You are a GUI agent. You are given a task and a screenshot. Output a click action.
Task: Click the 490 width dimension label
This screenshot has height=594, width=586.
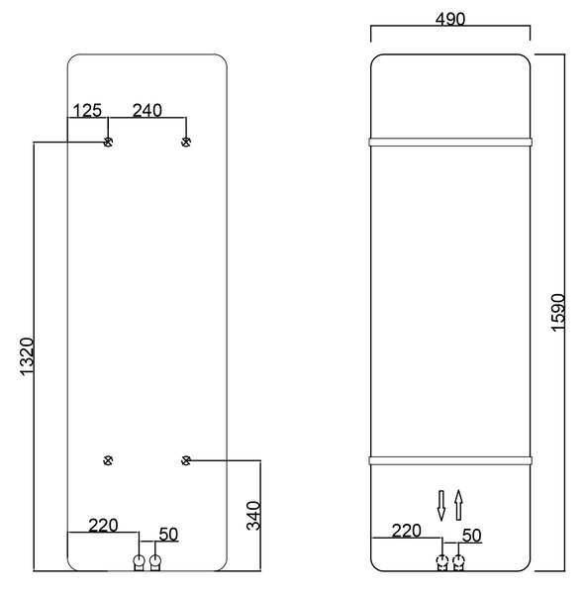[x=450, y=19]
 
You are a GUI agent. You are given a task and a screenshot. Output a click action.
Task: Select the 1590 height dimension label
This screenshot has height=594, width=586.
[x=558, y=313]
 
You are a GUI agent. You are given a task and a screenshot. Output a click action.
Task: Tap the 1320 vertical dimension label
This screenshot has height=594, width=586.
[x=27, y=356]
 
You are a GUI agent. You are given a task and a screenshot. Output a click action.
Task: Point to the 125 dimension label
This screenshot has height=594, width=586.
[x=87, y=111]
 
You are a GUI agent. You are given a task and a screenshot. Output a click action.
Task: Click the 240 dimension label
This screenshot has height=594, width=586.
[x=146, y=110]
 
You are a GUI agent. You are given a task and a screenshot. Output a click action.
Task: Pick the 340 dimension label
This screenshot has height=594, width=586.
[x=253, y=516]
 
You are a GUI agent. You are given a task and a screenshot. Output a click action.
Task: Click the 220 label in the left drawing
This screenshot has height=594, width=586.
[x=103, y=526]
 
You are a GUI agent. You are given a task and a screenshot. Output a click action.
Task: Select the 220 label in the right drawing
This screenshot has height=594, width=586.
[x=406, y=531]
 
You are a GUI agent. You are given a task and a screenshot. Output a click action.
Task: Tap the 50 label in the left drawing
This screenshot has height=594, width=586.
[x=168, y=535]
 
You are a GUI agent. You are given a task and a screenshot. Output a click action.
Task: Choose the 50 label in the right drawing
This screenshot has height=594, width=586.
[x=472, y=536]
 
